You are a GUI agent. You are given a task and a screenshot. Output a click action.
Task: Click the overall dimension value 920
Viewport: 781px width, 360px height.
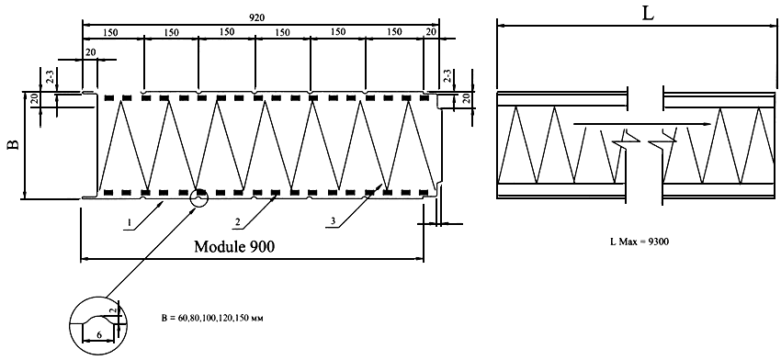click(257, 17)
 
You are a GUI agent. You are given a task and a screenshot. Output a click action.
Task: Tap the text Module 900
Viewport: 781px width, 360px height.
click(234, 246)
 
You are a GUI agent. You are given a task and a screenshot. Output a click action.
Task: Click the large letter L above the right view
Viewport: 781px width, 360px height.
click(648, 14)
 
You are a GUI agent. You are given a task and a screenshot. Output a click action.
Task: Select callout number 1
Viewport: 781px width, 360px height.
click(129, 223)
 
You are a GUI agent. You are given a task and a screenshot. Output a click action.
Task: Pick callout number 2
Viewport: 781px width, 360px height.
click(238, 223)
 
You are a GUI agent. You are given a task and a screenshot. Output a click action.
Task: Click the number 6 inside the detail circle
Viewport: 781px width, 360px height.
click(99, 335)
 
